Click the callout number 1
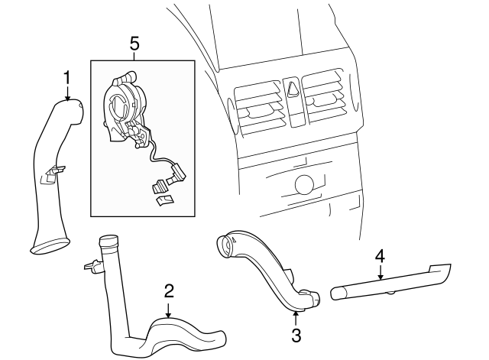(x=67, y=76)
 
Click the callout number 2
(x=169, y=290)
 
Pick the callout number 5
(x=134, y=44)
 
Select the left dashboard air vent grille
(x=258, y=105)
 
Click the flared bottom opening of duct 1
(x=50, y=245)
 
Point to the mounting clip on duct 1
(x=51, y=174)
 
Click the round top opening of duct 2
(x=107, y=241)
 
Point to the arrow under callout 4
(x=380, y=271)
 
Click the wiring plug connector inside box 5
(x=162, y=186)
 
